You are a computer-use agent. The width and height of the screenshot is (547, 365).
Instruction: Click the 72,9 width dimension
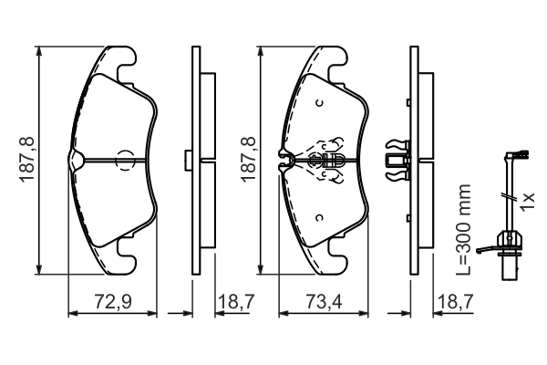113,300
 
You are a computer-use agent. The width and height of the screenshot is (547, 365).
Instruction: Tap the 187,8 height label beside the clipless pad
26,160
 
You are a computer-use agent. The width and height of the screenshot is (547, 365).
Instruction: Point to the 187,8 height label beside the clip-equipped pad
248,160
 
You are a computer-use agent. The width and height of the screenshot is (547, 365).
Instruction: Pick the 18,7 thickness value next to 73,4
454,300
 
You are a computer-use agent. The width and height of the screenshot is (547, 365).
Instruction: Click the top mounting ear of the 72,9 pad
127,61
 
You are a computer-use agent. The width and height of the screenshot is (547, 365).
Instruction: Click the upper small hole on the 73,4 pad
319,102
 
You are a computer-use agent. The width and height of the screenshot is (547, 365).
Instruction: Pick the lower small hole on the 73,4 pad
319,217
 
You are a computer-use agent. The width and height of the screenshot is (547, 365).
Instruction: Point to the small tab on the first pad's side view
186,160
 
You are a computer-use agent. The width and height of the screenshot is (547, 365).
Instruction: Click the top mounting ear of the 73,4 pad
335,61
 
